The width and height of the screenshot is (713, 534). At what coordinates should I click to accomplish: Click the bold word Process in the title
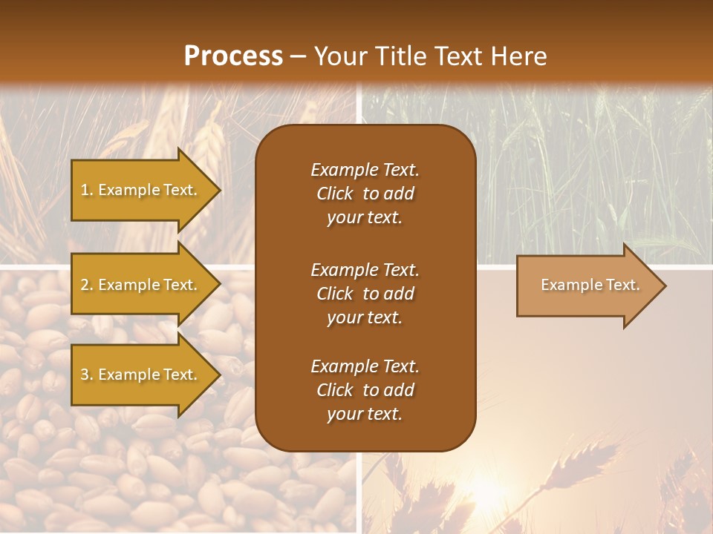pos(233,56)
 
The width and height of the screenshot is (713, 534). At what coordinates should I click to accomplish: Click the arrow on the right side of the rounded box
pos(590,285)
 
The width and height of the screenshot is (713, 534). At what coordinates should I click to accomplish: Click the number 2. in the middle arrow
pos(87,285)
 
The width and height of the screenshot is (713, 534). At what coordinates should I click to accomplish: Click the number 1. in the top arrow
pos(87,190)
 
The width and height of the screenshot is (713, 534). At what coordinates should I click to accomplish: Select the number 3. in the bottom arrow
pos(87,375)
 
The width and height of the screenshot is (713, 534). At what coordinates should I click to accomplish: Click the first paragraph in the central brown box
pos(365,194)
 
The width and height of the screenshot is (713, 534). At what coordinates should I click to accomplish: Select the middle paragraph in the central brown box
pos(365,293)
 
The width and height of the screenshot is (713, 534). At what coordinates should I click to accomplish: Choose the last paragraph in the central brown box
pos(365,390)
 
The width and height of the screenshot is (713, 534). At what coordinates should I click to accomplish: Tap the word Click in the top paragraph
pos(334,194)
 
